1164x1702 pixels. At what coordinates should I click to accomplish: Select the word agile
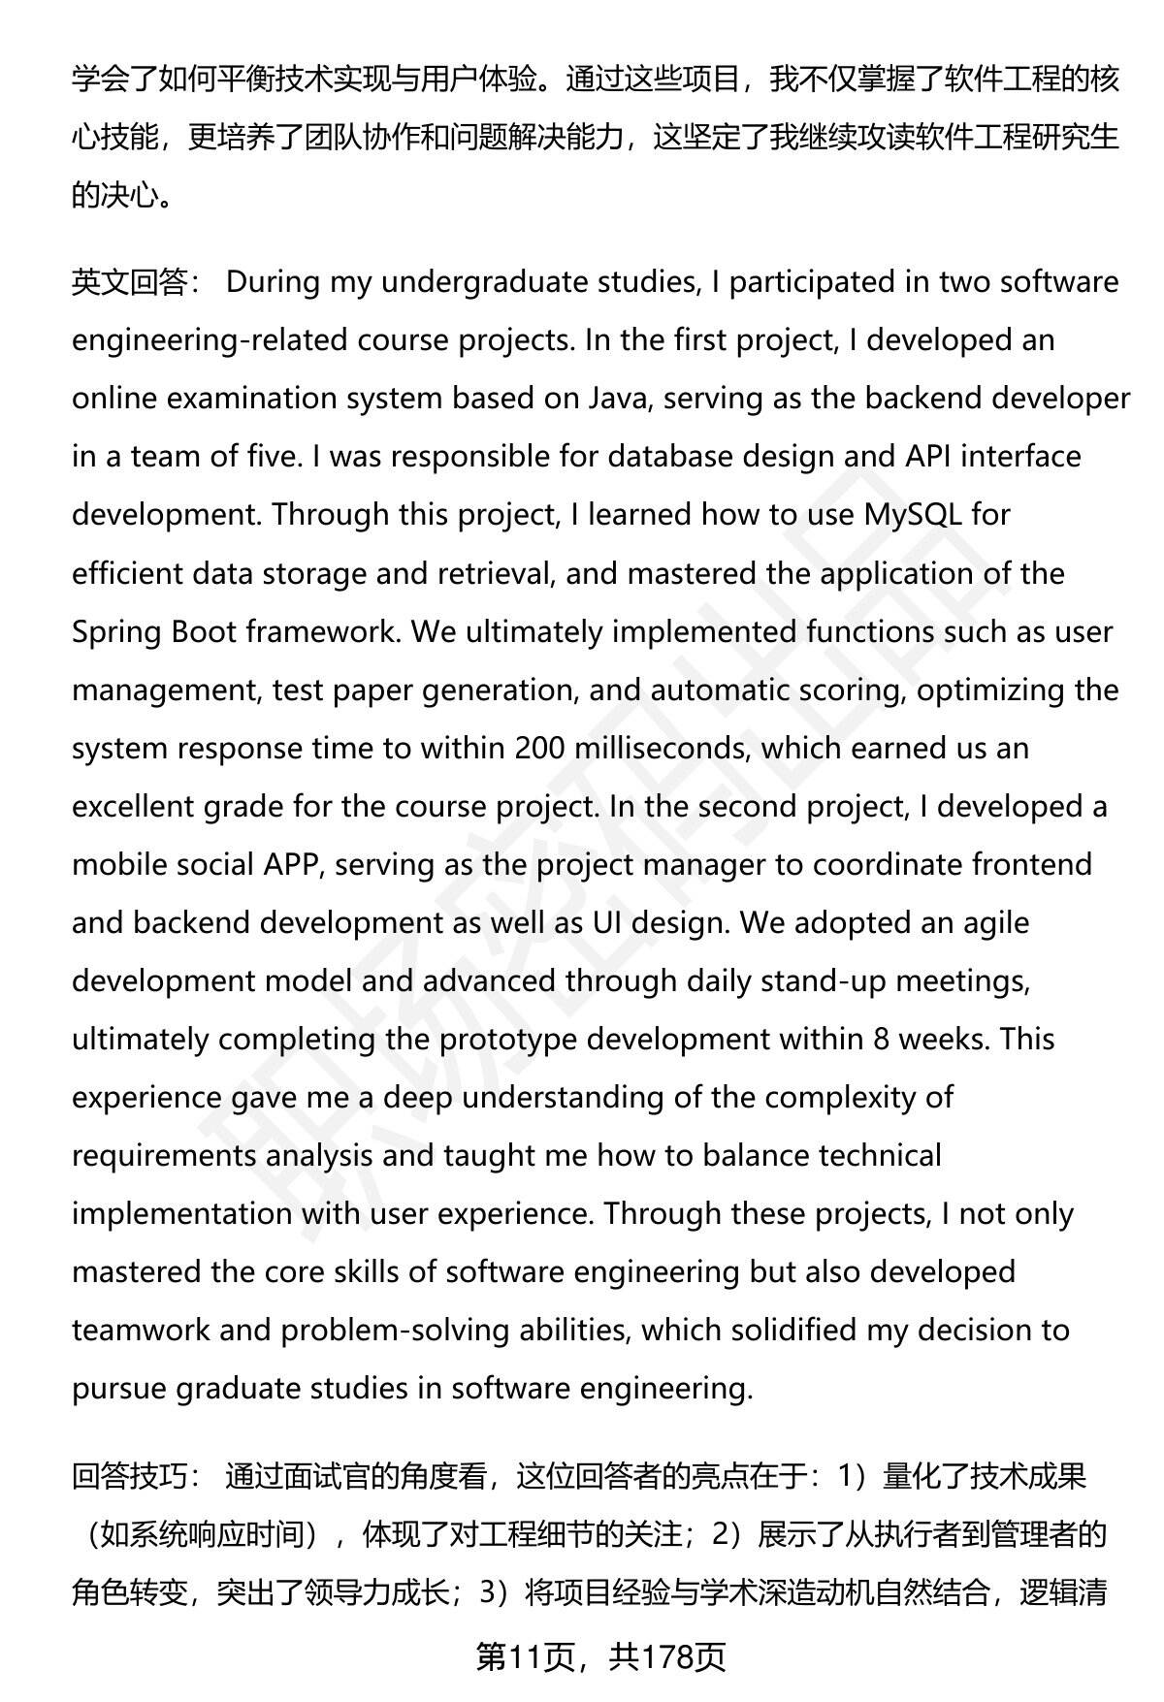(x=994, y=923)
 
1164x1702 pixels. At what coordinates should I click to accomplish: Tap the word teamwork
(x=141, y=1331)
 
